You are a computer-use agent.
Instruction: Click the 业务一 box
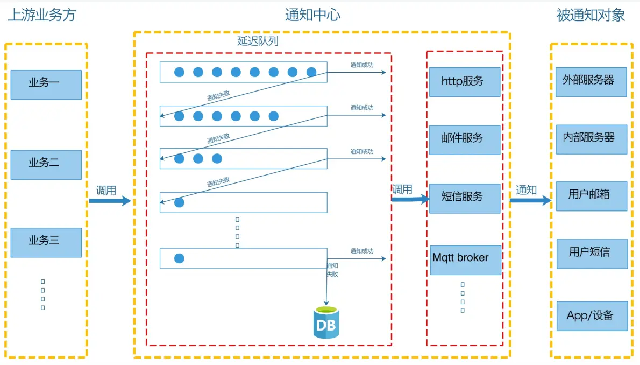coord(46,85)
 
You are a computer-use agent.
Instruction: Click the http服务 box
coord(465,82)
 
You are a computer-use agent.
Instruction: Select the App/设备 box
coord(591,316)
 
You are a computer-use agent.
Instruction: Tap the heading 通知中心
coord(312,15)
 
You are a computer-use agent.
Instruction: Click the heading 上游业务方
coord(42,15)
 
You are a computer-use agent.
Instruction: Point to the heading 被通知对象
coord(591,15)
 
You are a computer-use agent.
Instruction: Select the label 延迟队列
coord(258,41)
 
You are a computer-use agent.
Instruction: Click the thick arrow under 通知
coord(530,201)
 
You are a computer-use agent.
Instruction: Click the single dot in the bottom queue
coord(179,258)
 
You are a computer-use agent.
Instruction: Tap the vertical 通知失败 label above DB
coord(332,270)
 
